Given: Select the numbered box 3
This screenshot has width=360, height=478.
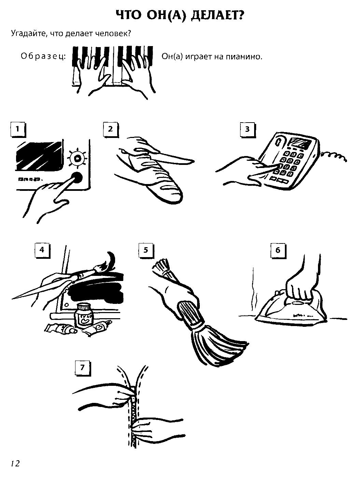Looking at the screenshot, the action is [247, 130].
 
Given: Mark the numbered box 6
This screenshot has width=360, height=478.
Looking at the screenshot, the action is [278, 251].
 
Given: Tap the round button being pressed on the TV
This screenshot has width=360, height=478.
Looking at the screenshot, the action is [77, 178].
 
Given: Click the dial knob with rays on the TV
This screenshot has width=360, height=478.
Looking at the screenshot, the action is [77, 158].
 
